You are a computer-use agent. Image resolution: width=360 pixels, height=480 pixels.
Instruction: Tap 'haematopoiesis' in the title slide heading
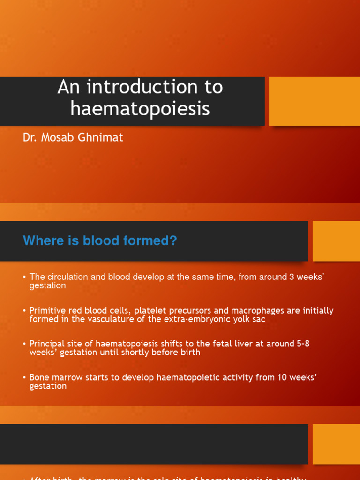coord(140,108)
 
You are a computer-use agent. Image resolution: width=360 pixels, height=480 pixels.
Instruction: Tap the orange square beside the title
coord(314,101)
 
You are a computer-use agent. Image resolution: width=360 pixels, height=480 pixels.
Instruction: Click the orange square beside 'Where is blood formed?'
coord(336,241)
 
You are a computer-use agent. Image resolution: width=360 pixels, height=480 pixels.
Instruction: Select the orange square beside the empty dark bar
coord(336,444)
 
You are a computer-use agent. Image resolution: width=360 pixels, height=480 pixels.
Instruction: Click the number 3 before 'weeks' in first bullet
coord(292,277)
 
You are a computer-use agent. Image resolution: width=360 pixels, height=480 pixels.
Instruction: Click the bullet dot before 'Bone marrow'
coord(24,378)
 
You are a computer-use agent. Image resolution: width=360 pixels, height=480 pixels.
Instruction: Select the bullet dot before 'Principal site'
coord(24,344)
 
